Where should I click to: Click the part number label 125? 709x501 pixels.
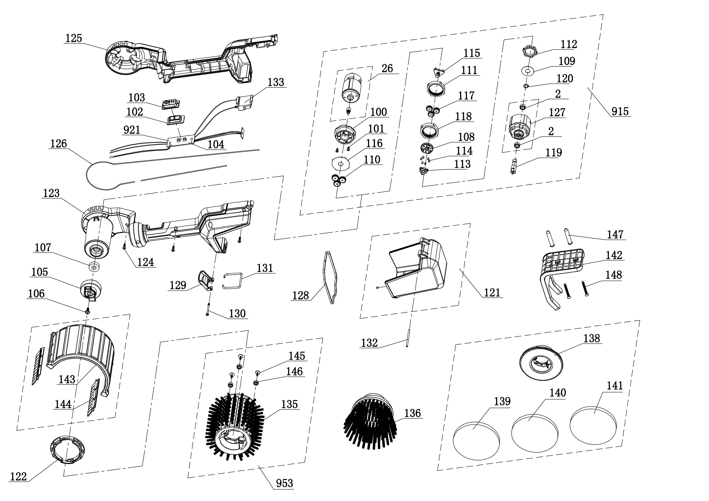tap(73, 38)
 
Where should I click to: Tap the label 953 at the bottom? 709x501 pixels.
tap(284, 483)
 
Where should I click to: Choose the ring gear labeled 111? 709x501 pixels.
tap(436, 88)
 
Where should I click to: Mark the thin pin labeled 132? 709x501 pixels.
tap(408, 338)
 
